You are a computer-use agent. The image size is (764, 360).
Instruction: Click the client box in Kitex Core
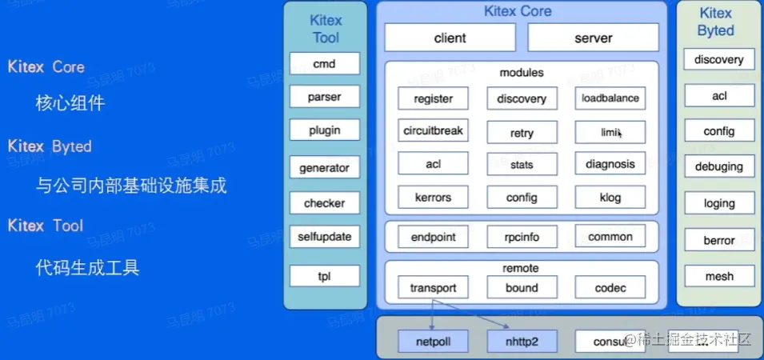450,38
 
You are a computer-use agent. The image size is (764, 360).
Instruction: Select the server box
593,38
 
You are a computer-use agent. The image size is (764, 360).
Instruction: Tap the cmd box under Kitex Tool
324,63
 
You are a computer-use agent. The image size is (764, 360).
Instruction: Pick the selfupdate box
324,237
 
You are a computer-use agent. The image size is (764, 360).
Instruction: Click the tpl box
324,277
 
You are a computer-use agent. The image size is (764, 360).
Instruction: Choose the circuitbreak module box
433,130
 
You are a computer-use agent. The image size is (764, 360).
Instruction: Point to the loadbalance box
610,98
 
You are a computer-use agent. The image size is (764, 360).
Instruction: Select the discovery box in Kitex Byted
718,60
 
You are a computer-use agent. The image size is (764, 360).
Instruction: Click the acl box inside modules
433,165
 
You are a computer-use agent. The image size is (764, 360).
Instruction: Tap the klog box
610,198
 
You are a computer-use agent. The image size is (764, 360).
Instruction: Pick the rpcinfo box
522,237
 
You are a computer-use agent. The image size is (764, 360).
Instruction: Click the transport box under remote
433,288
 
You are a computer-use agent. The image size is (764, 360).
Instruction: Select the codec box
610,288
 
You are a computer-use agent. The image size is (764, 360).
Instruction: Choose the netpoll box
433,342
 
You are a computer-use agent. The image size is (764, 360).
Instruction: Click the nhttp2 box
522,342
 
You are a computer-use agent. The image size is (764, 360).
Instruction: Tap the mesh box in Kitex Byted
718,277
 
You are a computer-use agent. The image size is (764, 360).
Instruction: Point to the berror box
718,239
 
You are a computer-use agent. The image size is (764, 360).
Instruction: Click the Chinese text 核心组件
70,104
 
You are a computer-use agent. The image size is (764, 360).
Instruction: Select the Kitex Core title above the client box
518,12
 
